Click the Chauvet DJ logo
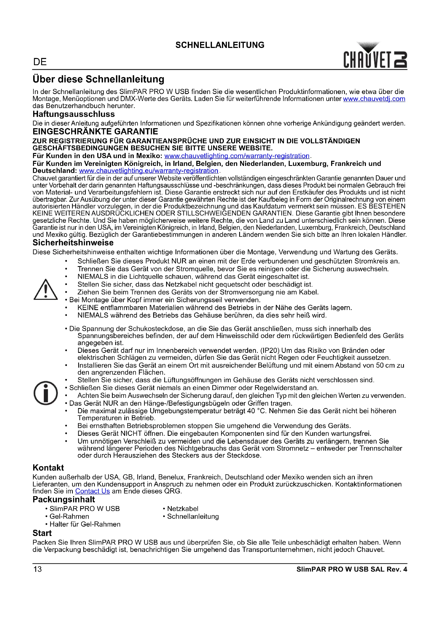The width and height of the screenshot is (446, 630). [x=375, y=56]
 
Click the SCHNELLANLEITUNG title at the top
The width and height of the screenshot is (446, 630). [x=220, y=45]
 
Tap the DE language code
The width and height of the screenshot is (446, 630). [x=40, y=62]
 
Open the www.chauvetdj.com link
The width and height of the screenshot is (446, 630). [x=374, y=99]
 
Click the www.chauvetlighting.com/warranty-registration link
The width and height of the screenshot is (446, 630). [x=237, y=156]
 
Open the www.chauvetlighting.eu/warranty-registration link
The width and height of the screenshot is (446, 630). [x=149, y=171]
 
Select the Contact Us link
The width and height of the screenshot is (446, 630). [x=92, y=491]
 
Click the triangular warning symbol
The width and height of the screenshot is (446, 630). [x=46, y=290]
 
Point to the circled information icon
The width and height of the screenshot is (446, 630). [x=46, y=393]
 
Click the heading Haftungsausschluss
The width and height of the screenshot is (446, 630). [x=74, y=114]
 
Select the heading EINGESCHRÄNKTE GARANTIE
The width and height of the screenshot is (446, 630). [x=95, y=132]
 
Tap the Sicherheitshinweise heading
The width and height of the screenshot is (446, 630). [x=73, y=243]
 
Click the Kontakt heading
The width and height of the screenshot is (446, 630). [x=48, y=468]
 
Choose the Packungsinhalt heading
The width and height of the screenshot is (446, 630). [x=64, y=499]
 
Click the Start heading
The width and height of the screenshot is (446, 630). [x=42, y=533]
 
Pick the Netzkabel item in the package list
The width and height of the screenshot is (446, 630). [x=183, y=509]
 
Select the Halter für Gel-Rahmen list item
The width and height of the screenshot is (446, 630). [x=85, y=524]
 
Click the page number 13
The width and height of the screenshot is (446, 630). [x=38, y=569]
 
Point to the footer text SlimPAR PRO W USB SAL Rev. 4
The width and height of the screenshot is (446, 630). [x=352, y=569]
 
